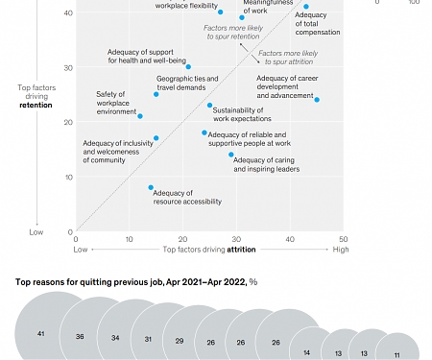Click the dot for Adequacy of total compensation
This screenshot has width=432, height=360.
click(x=306, y=7)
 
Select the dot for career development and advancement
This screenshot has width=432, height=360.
click(x=317, y=100)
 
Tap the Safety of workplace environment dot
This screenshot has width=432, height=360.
click(x=140, y=116)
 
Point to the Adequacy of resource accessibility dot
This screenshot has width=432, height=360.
click(x=151, y=187)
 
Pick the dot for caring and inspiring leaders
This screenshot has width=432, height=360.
click(x=231, y=155)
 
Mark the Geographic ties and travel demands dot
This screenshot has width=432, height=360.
click(x=156, y=94)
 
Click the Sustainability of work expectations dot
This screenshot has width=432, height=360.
click(x=210, y=106)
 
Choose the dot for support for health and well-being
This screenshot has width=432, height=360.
click(x=188, y=67)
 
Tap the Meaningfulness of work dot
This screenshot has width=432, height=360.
click(x=242, y=17)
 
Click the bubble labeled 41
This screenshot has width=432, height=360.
click(x=40, y=332)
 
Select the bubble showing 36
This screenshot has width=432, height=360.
click(x=80, y=336)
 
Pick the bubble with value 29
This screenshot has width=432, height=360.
click(x=179, y=341)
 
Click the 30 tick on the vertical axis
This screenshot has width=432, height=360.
click(x=68, y=67)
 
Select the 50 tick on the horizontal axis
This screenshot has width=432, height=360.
click(x=344, y=239)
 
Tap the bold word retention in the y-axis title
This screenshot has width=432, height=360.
click(x=36, y=105)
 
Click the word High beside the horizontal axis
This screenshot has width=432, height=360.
click(x=341, y=249)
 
